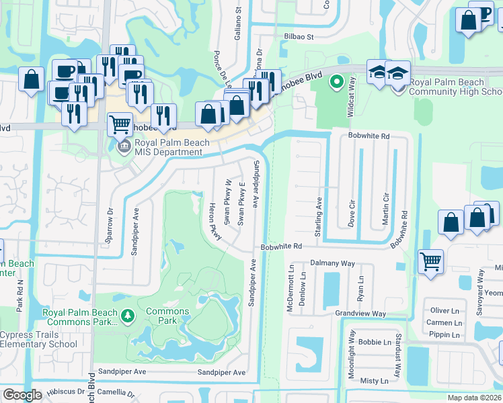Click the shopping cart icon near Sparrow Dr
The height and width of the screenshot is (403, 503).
coord(119,124)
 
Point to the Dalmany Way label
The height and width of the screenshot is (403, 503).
coord(332,264)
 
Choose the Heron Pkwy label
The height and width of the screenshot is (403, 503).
coord(215,220)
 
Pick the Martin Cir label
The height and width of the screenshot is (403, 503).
coord(386,209)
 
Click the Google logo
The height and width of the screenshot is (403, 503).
coord(22,395)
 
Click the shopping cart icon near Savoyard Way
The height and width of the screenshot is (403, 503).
coord(430,262)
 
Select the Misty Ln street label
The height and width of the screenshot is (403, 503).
coord(374,381)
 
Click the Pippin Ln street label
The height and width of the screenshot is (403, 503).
coord(445,334)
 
